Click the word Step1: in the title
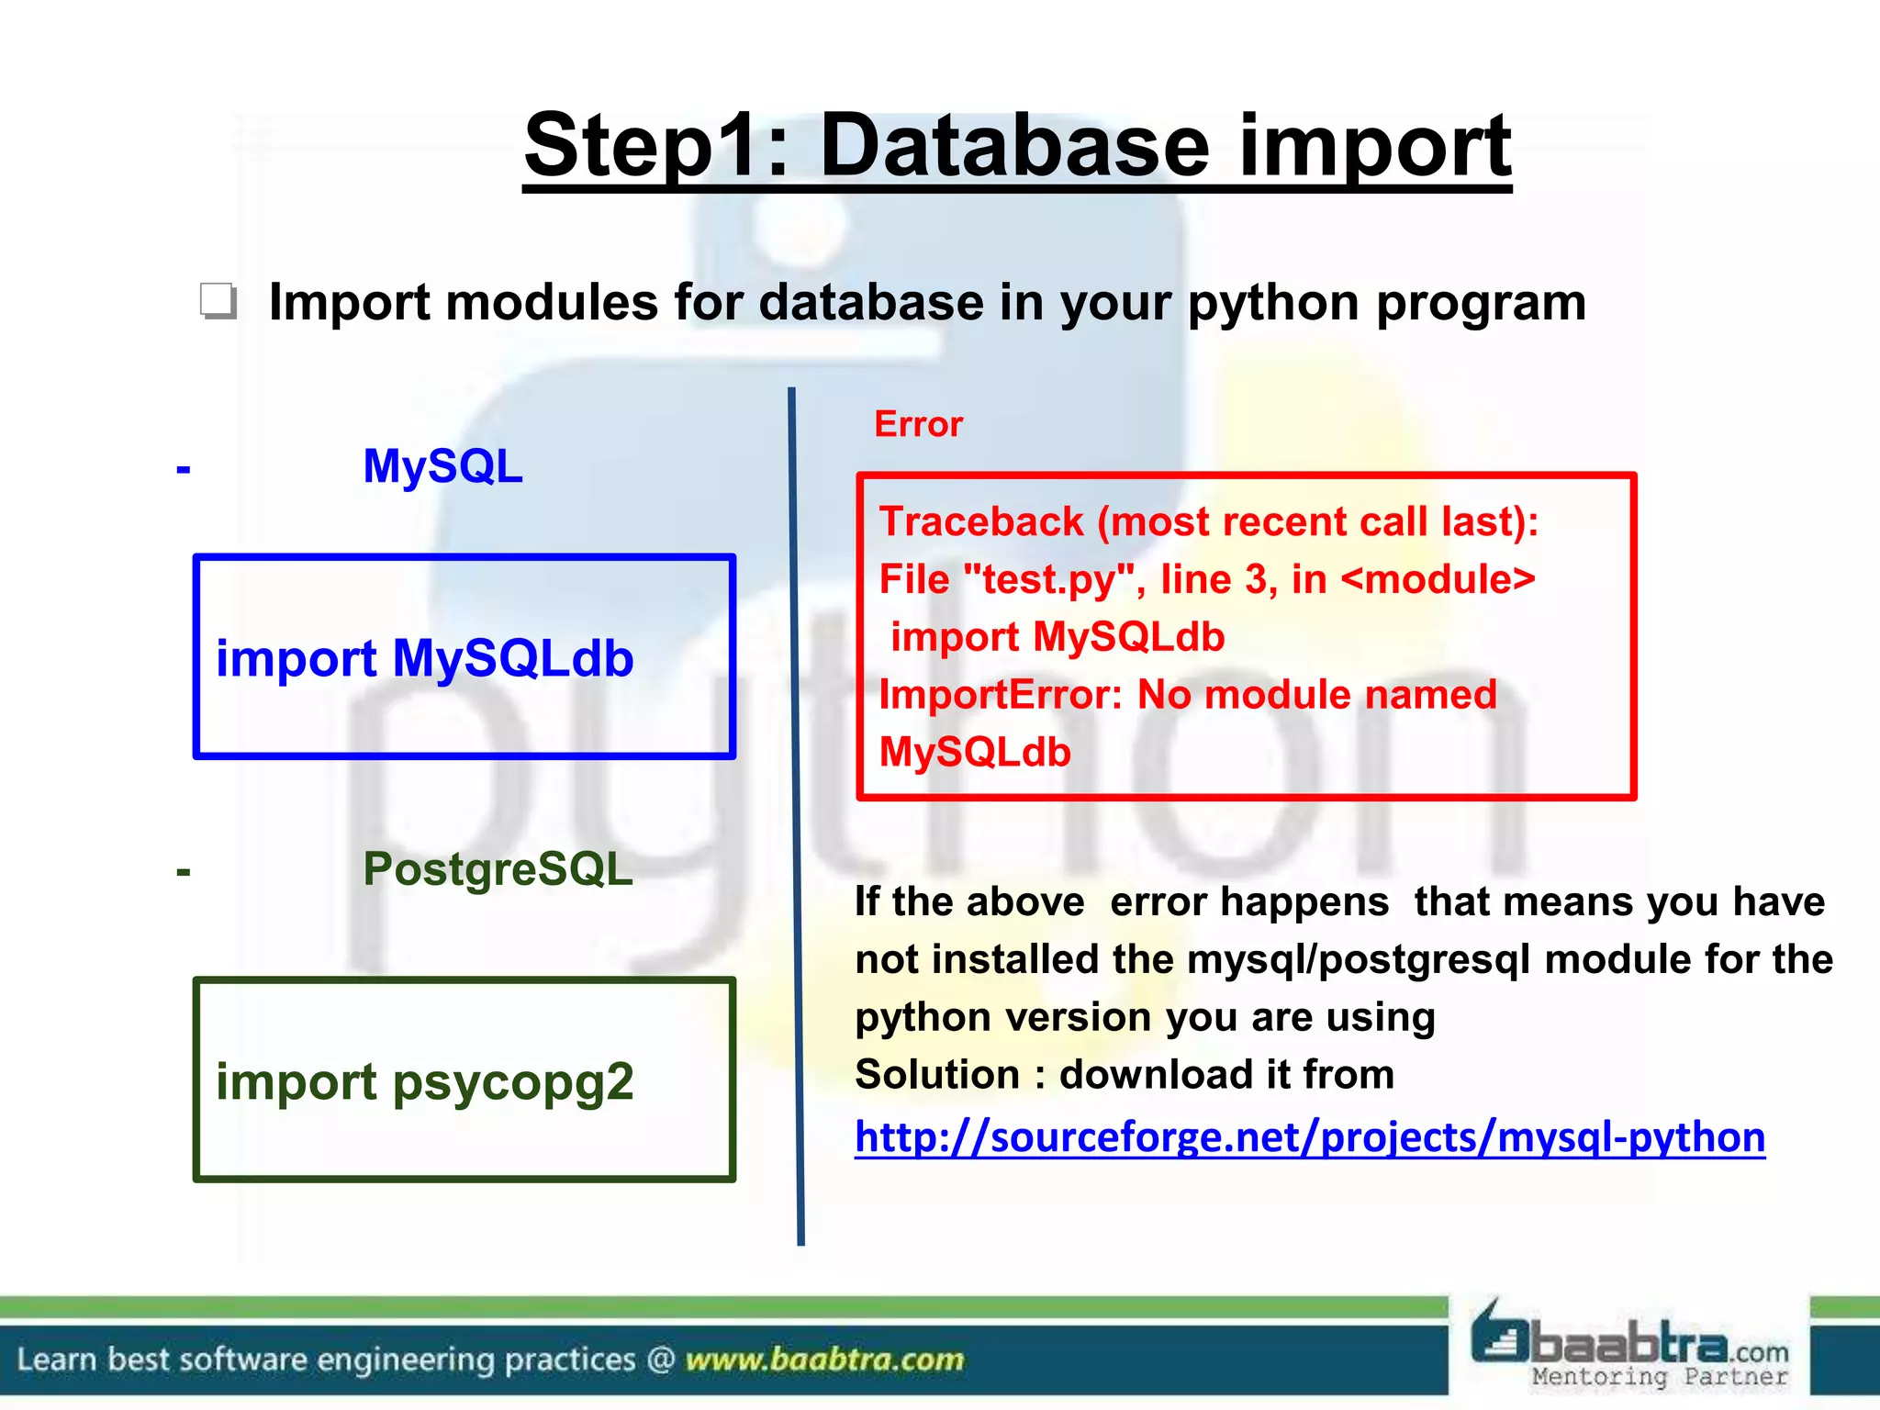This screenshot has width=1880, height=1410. (x=655, y=147)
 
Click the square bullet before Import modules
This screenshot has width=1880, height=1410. (x=218, y=301)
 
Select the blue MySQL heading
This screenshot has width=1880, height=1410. (x=442, y=466)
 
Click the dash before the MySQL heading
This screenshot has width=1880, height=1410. (x=184, y=470)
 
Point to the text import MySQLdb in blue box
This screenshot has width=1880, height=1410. (x=424, y=658)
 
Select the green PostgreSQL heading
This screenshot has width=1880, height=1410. (x=498, y=868)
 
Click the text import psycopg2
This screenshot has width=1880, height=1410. (x=424, y=1081)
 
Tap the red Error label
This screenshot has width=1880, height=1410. (x=918, y=424)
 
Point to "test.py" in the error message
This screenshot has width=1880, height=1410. (x=1046, y=580)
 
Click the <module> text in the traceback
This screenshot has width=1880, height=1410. (x=1438, y=580)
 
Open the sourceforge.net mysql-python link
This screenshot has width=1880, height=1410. (x=1309, y=1137)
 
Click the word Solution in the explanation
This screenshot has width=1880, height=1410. (x=936, y=1075)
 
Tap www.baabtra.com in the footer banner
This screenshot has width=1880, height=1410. (x=824, y=1359)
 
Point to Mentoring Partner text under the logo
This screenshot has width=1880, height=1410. (x=1660, y=1377)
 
